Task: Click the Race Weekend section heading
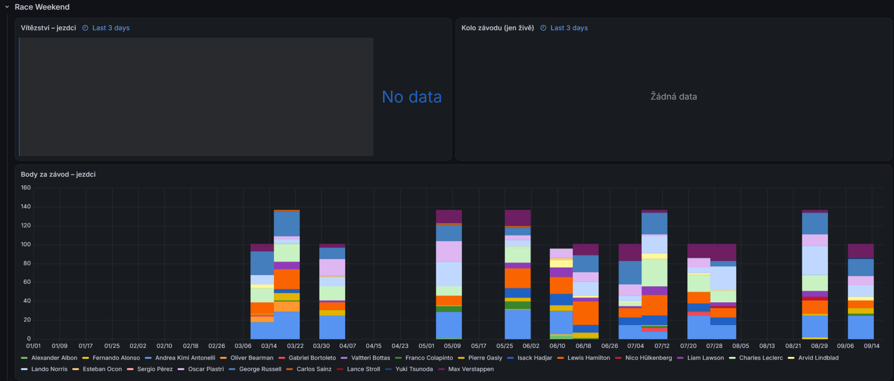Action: (42, 7)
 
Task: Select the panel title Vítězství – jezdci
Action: (48, 28)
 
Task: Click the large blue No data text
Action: (412, 97)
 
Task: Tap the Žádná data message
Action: (674, 97)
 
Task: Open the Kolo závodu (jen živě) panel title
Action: (498, 28)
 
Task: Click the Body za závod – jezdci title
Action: (58, 174)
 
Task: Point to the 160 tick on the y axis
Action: (26, 188)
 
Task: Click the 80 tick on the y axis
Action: (27, 263)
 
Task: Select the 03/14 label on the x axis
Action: (269, 346)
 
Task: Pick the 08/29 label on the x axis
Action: (819, 346)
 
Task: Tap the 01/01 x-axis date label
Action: (34, 346)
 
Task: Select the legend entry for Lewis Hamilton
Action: (584, 358)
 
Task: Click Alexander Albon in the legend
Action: (49, 358)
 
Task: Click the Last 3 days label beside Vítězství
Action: (111, 28)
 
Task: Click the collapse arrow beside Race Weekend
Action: (7, 7)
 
